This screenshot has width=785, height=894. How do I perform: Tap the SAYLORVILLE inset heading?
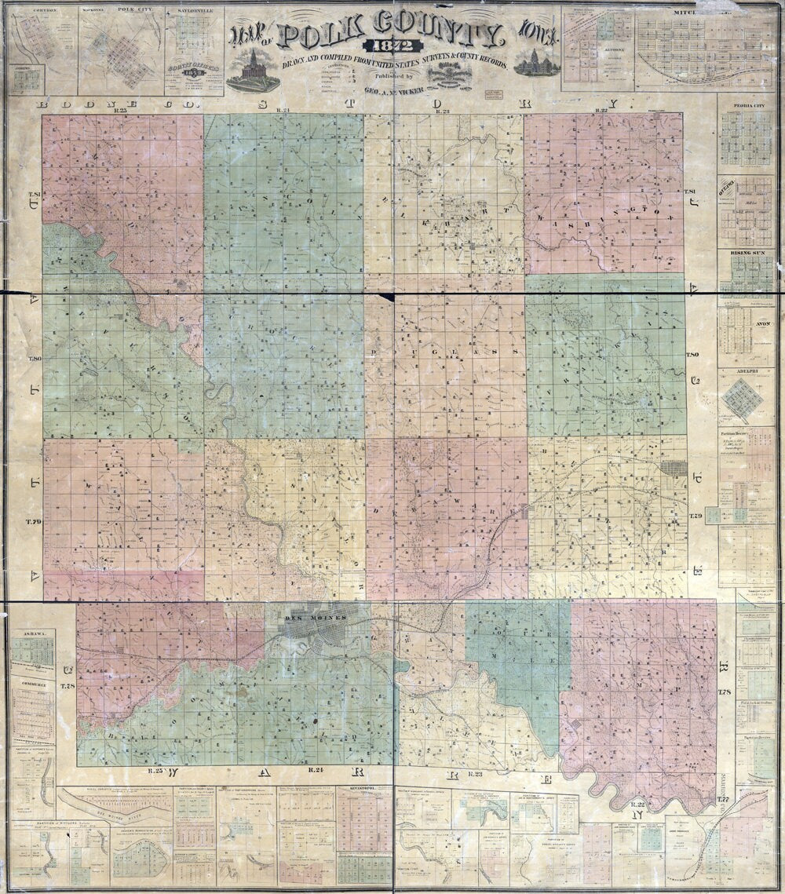coord(195,12)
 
